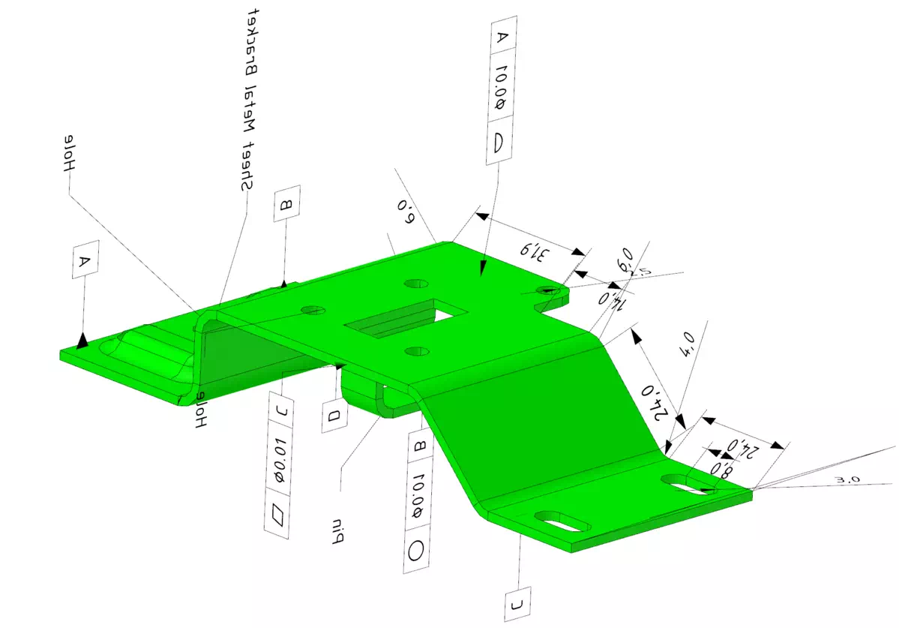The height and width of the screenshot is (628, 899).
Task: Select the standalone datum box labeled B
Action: [286, 203]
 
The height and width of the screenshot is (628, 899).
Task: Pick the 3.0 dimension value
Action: [846, 479]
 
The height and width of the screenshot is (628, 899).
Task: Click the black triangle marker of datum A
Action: [82, 341]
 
